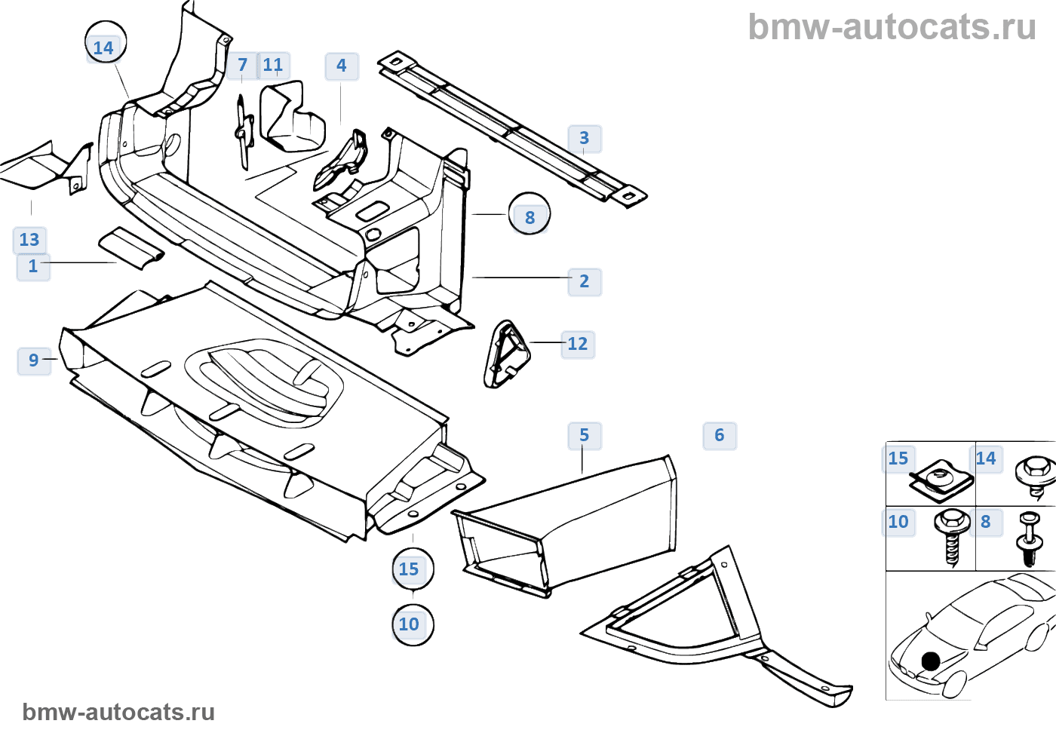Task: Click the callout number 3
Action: tap(584, 139)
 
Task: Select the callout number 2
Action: tap(584, 281)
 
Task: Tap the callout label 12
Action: tap(578, 344)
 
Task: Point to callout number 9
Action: tap(34, 360)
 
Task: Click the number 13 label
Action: tap(29, 240)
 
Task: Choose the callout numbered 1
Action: tap(33, 266)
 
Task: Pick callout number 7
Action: tap(242, 66)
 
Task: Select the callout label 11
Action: tap(273, 66)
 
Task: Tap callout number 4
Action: tap(342, 66)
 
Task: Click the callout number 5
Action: tap(585, 435)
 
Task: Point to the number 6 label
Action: tap(720, 435)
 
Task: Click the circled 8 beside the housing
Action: tap(530, 217)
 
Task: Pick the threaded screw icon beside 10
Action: tap(952, 535)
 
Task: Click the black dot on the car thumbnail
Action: tap(931, 661)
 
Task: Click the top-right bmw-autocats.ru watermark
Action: tap(892, 27)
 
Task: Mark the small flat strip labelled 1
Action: tap(130, 247)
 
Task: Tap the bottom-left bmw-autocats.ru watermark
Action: tap(118, 712)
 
